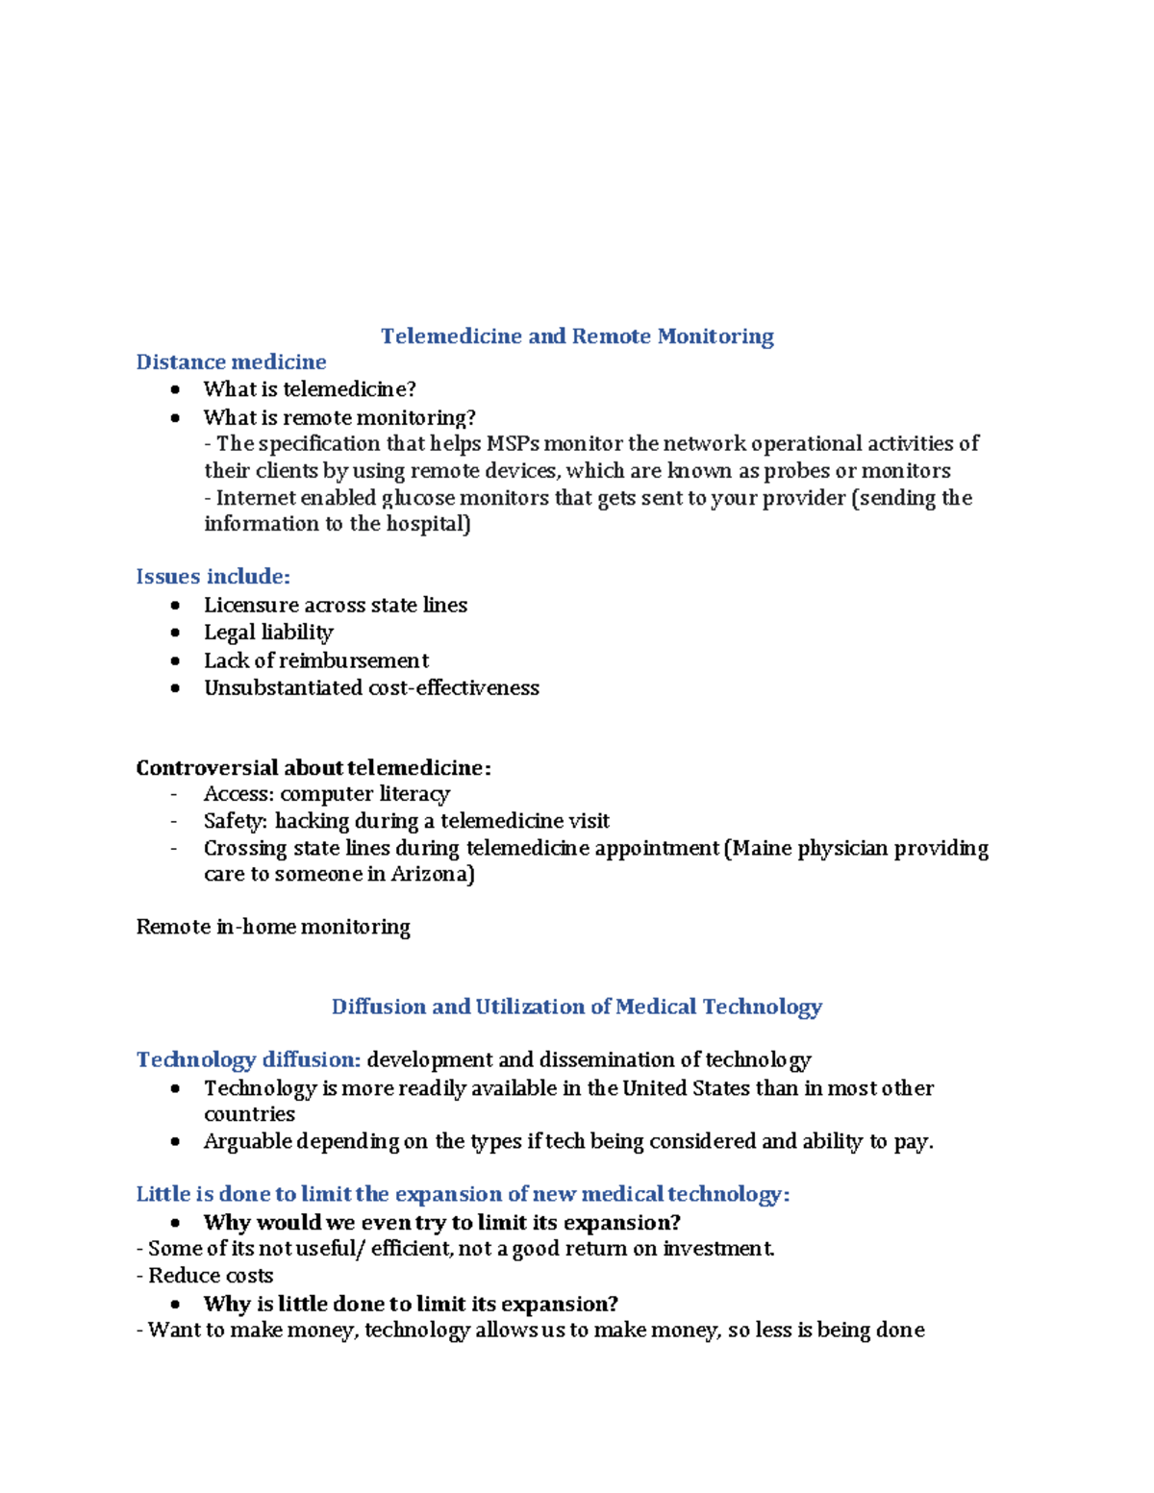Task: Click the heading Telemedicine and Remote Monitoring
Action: [x=577, y=336]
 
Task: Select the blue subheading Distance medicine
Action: [x=231, y=362]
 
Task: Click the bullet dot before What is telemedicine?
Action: [x=175, y=389]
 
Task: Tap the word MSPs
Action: [x=513, y=444]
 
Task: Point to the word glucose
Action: [x=418, y=498]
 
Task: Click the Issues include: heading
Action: [x=213, y=577]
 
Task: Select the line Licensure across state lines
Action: [x=336, y=606]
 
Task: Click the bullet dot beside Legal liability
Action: [x=175, y=633]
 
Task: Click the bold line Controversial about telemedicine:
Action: [x=314, y=768]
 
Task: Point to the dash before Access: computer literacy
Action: [x=174, y=794]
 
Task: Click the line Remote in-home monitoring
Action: [x=273, y=927]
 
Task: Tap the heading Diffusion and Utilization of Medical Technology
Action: [x=577, y=1007]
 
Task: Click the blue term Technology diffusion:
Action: [x=248, y=1059]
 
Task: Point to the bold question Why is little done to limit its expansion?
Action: [x=411, y=1305]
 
